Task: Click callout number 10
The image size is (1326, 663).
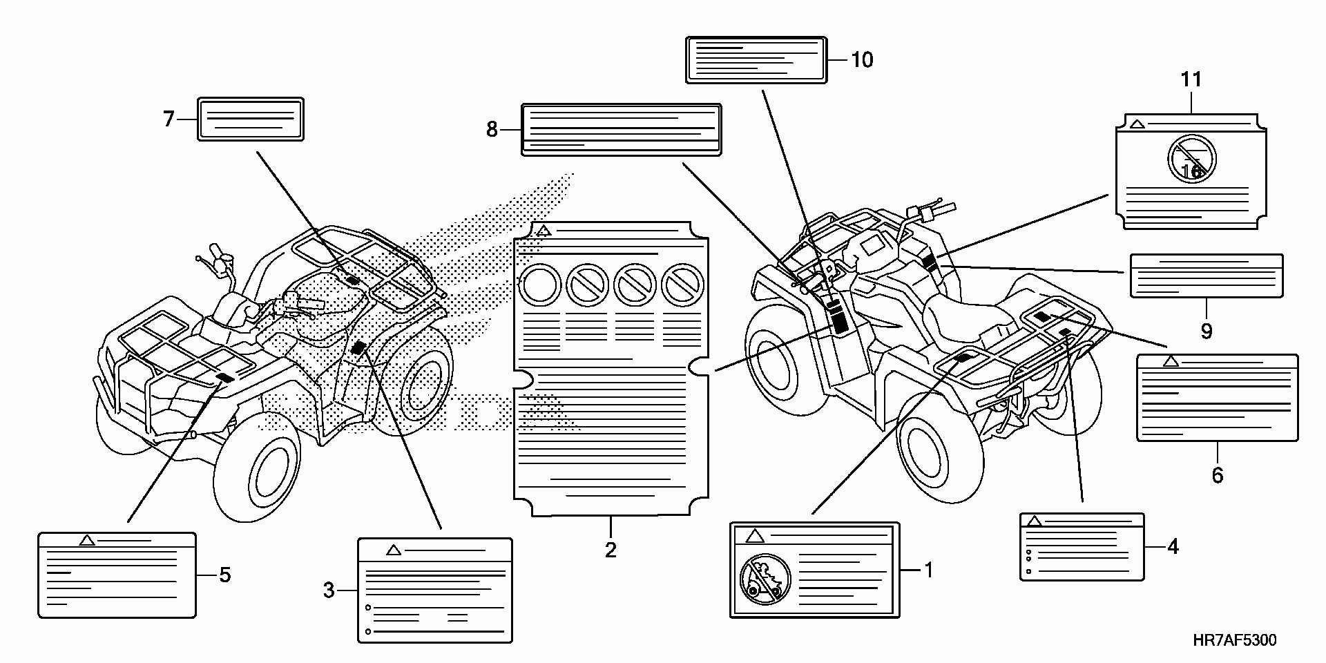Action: (x=862, y=60)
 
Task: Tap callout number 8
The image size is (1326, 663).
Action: (x=492, y=129)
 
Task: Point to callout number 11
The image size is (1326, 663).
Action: (x=1191, y=80)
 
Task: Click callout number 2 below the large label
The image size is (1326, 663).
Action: (x=611, y=550)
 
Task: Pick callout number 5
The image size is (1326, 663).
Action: (x=225, y=575)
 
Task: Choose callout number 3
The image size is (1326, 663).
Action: (x=329, y=590)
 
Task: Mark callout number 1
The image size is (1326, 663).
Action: (x=929, y=570)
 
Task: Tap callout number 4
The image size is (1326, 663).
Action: (x=1173, y=547)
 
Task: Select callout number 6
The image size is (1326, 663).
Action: (x=1218, y=475)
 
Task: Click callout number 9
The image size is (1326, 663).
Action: (x=1207, y=331)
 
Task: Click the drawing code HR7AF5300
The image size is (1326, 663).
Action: (x=1235, y=640)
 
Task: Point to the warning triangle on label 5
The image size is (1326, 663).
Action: (x=87, y=540)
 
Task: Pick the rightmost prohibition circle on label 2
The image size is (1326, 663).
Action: (x=682, y=284)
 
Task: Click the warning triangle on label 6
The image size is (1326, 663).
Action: (x=1170, y=361)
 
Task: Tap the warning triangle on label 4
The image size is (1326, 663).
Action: (x=1035, y=521)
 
